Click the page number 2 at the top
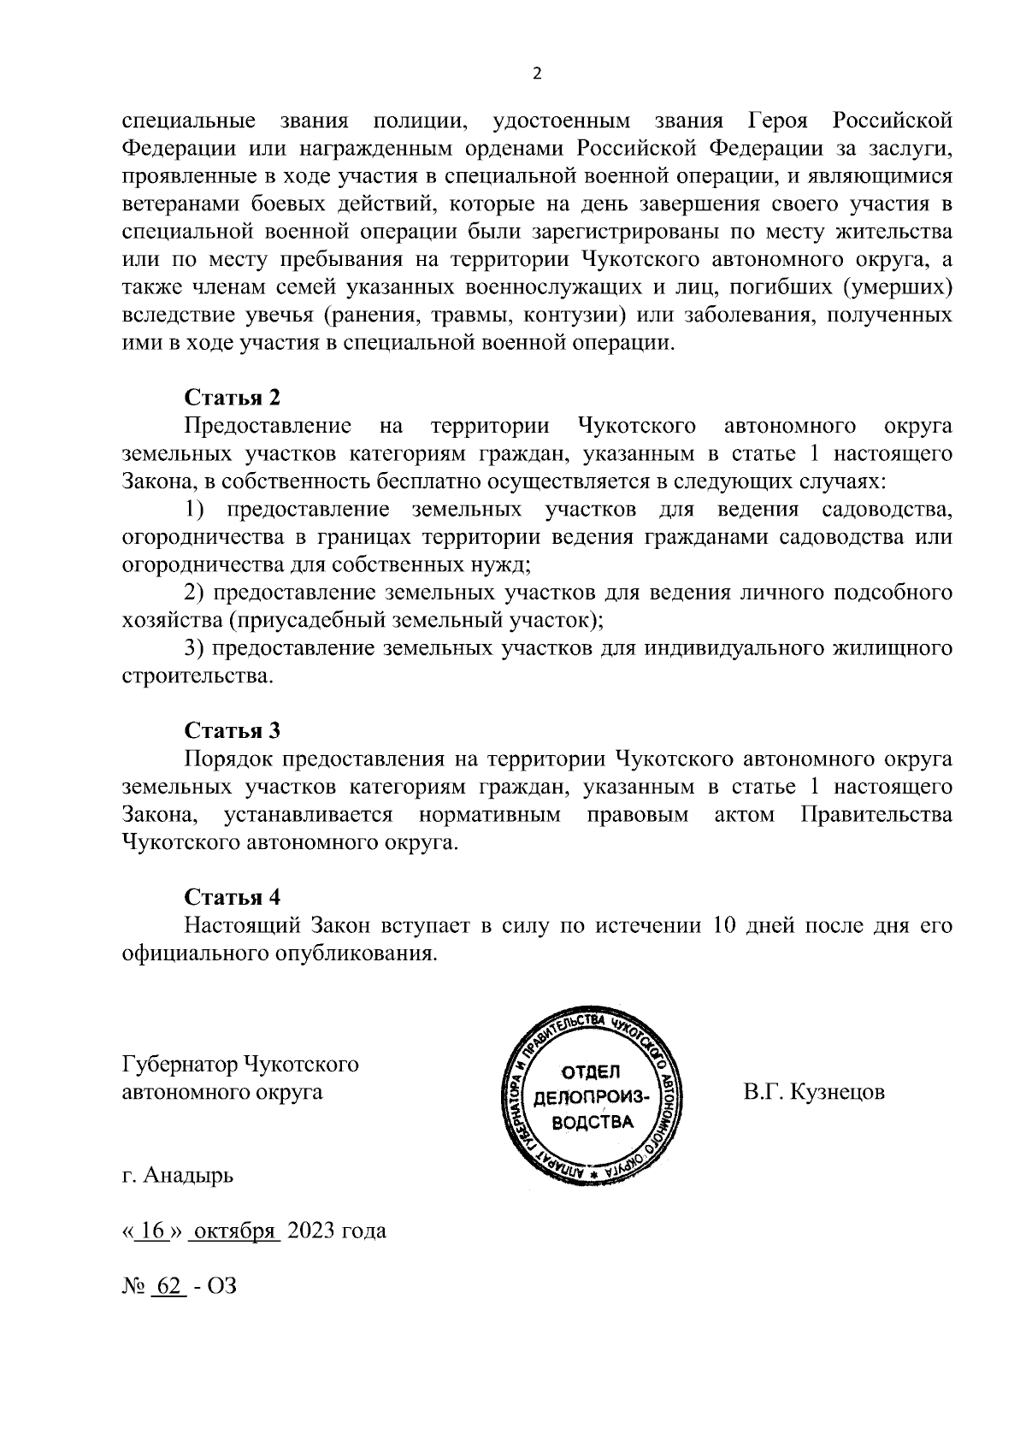click(x=537, y=74)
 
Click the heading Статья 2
click(x=233, y=398)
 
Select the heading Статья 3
click(x=233, y=730)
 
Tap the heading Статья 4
click(x=233, y=897)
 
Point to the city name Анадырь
click(x=188, y=1176)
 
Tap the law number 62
click(x=168, y=1285)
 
